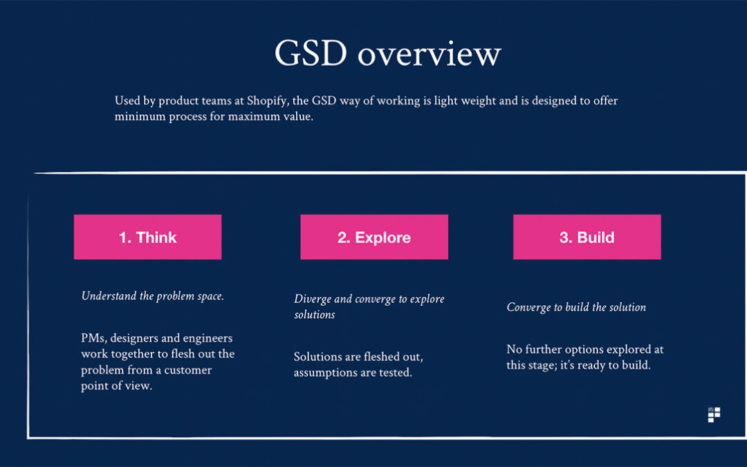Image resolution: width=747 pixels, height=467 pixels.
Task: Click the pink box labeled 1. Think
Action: pos(148,237)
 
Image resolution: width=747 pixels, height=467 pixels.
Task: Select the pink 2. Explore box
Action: pos(374,237)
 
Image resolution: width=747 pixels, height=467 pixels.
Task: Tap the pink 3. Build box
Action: pos(587,237)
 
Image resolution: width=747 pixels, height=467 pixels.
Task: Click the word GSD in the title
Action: pos(311,53)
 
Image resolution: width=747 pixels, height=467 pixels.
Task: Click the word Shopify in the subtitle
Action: pos(267,101)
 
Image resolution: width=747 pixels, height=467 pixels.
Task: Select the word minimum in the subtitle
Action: pos(140,117)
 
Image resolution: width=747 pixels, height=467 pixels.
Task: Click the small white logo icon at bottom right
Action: pos(714,414)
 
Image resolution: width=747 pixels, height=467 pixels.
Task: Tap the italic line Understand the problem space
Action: pos(152,296)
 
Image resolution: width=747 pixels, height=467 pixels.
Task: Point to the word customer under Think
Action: pos(187,370)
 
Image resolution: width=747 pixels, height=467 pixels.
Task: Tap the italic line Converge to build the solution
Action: pos(576,307)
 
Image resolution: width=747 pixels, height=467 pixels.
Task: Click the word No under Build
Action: pos(515,349)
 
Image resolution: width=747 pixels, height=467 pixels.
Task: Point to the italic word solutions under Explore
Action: pos(315,315)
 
